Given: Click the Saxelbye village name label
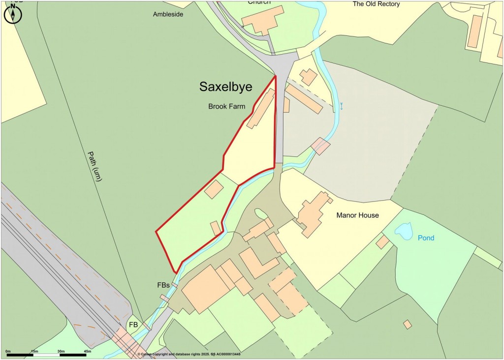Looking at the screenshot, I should pyautogui.click(x=225, y=87).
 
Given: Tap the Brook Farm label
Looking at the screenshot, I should pyautogui.click(x=226, y=106).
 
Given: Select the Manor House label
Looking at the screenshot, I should pyautogui.click(x=357, y=215).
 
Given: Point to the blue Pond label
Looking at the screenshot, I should pyautogui.click(x=426, y=238).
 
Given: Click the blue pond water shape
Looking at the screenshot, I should pyautogui.click(x=404, y=230).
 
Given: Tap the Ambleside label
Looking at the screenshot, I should pyautogui.click(x=168, y=14).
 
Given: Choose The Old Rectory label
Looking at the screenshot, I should pyautogui.click(x=376, y=4).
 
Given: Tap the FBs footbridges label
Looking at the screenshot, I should pyautogui.click(x=163, y=285).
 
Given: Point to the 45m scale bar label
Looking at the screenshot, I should pyautogui.click(x=87, y=351).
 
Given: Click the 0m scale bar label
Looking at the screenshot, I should pyautogui.click(x=8, y=351).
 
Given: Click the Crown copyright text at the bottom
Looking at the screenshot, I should pyautogui.click(x=189, y=354).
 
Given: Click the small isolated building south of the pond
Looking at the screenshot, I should pyautogui.click(x=407, y=325).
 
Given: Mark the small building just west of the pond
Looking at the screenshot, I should pyautogui.click(x=382, y=242).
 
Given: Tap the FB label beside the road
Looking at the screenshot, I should pyautogui.click(x=133, y=325).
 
